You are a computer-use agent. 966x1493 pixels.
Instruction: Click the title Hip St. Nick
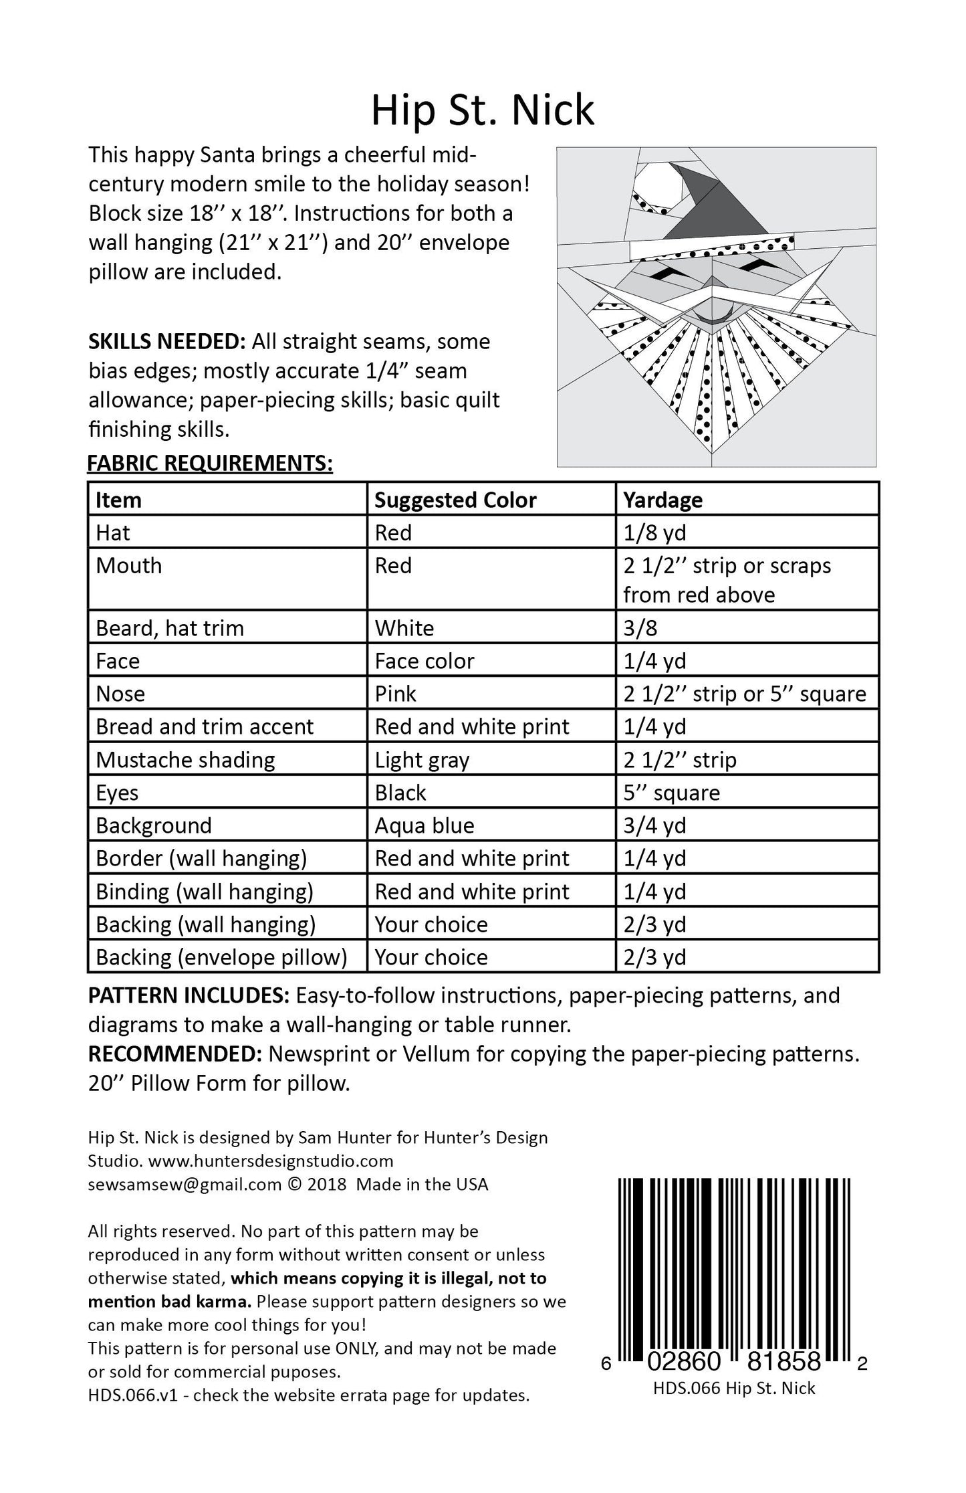point(482,110)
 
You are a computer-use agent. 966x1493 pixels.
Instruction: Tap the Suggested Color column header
point(455,500)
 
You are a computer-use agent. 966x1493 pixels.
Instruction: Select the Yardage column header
point(662,500)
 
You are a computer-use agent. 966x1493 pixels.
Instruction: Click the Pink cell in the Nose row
point(395,694)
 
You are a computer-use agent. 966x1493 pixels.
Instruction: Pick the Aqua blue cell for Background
point(424,825)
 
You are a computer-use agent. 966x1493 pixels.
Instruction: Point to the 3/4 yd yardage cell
point(654,825)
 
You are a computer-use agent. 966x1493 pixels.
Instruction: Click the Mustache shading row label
point(185,760)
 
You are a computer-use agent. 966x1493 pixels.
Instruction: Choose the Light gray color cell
point(422,760)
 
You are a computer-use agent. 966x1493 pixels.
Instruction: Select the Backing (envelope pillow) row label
point(221,957)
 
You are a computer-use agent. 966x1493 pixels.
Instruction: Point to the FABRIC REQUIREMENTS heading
point(210,463)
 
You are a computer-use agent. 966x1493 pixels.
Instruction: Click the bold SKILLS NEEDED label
point(167,342)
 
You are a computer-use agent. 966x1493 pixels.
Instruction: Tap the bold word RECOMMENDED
point(174,1054)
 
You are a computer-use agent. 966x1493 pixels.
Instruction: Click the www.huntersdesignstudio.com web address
point(271,1161)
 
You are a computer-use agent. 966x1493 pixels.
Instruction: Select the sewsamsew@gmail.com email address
point(184,1184)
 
